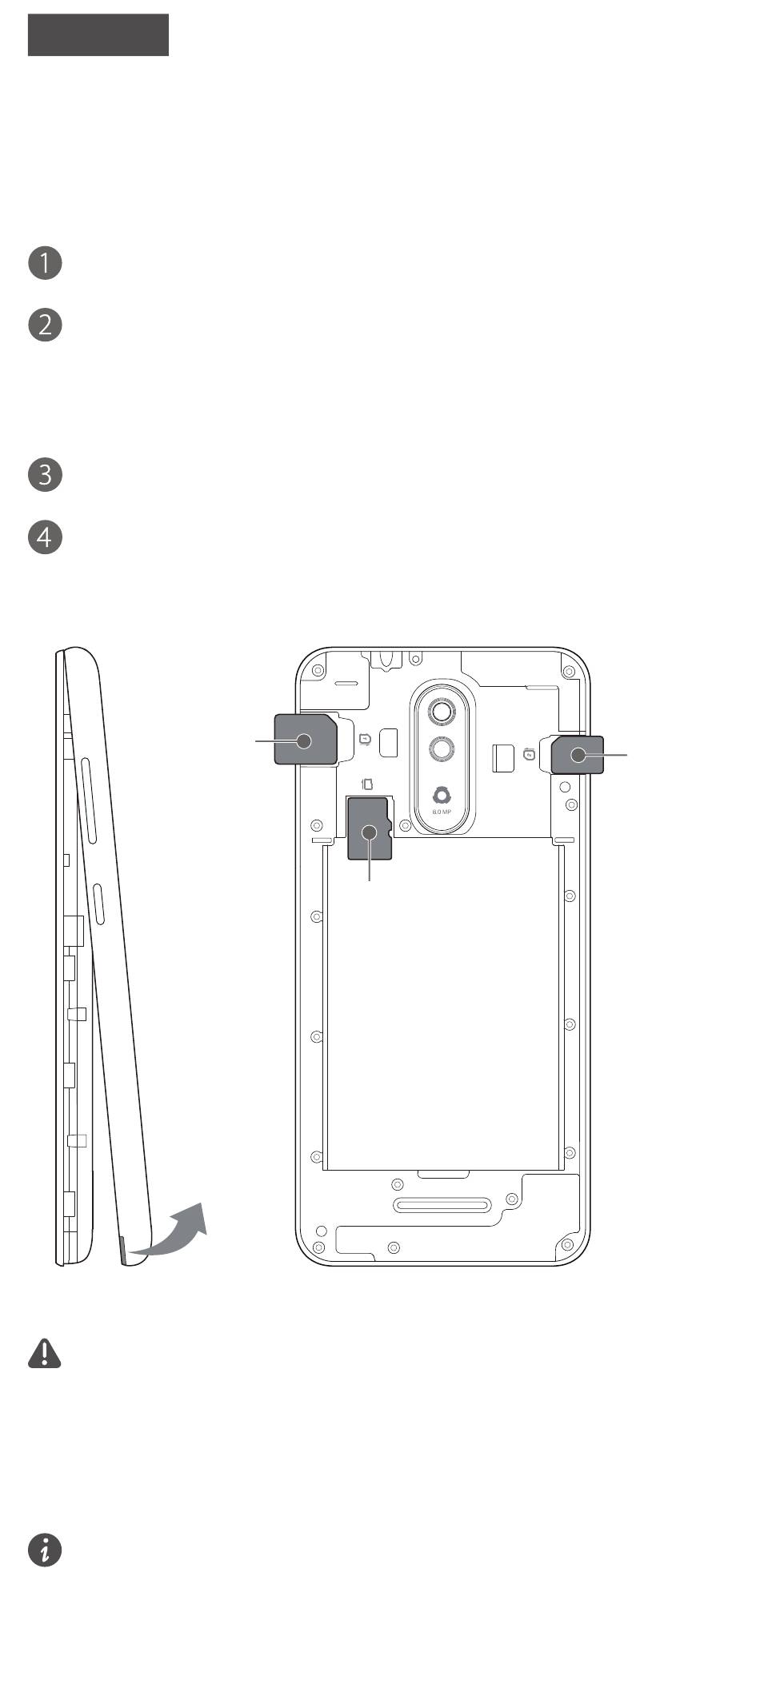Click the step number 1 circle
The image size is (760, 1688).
(x=45, y=263)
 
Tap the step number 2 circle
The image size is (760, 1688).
(x=45, y=325)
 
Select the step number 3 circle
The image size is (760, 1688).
(x=45, y=474)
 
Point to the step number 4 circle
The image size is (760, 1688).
(x=45, y=537)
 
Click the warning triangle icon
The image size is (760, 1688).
(x=45, y=1353)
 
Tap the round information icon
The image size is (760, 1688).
(x=45, y=1550)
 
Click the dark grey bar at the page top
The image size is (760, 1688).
(x=98, y=34)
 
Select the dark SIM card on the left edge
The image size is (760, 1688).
(x=306, y=740)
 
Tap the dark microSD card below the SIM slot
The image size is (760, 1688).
(x=370, y=829)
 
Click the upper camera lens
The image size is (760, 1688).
(x=442, y=710)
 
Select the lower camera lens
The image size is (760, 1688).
(x=442, y=749)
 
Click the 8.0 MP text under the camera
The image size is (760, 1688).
(x=442, y=812)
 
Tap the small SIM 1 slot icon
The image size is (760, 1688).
(x=366, y=740)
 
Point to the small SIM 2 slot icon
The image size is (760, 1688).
(x=529, y=754)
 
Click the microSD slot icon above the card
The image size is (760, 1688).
(x=367, y=784)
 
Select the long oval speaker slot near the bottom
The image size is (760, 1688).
(x=441, y=1206)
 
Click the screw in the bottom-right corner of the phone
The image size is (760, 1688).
(x=569, y=1245)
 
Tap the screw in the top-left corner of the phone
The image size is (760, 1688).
(x=318, y=669)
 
